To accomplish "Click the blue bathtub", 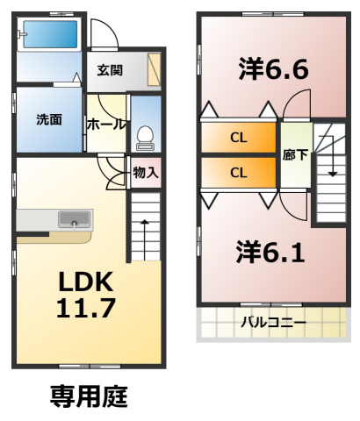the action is pos(50,34).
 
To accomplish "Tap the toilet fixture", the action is pos(146,138).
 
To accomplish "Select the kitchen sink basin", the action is pos(75,219).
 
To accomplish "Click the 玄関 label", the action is pos(110,70).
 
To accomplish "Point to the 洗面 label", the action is pos(49,120).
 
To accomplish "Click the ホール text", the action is pos(106,125).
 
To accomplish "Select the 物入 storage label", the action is pos(146,173).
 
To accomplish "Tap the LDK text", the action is pos(86,282).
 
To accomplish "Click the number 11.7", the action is pos(86,308).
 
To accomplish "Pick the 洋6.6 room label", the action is pos(274,69).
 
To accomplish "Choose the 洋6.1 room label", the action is pos(271,252).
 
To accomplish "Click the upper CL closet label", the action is pos(239,138).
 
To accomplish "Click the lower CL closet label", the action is pos(239,173).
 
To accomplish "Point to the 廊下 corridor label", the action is pos(295,155).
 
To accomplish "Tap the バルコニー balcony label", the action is pos(274,323).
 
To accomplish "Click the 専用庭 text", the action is pos(89,396).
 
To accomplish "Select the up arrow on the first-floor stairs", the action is pos(145,239).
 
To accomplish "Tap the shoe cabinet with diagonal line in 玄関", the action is pos(155,69).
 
